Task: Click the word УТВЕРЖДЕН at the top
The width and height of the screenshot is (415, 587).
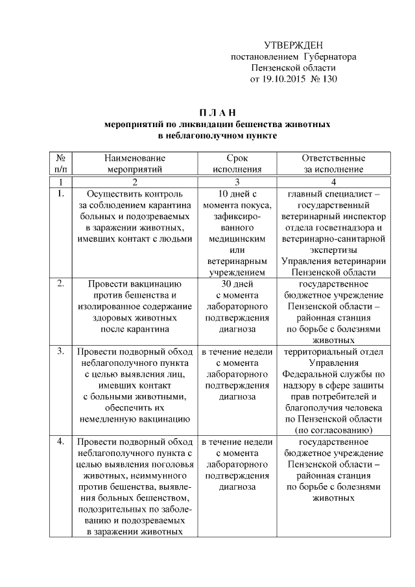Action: click(x=294, y=45)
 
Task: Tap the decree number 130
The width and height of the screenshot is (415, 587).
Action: click(x=329, y=79)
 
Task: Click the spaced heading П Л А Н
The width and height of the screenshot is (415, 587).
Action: click(x=217, y=113)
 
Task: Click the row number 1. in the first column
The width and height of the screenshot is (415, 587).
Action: click(x=60, y=193)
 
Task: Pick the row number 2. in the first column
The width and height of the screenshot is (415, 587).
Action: click(x=60, y=283)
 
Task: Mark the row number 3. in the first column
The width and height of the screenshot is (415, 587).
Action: click(x=60, y=352)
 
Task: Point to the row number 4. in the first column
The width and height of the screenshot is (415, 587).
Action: click(x=60, y=442)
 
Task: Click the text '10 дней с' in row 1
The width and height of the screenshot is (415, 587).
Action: click(x=237, y=193)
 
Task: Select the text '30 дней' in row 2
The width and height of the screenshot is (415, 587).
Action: click(x=237, y=283)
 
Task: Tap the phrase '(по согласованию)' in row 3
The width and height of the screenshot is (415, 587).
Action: click(x=333, y=430)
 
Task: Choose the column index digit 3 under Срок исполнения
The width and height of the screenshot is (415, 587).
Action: click(x=237, y=182)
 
